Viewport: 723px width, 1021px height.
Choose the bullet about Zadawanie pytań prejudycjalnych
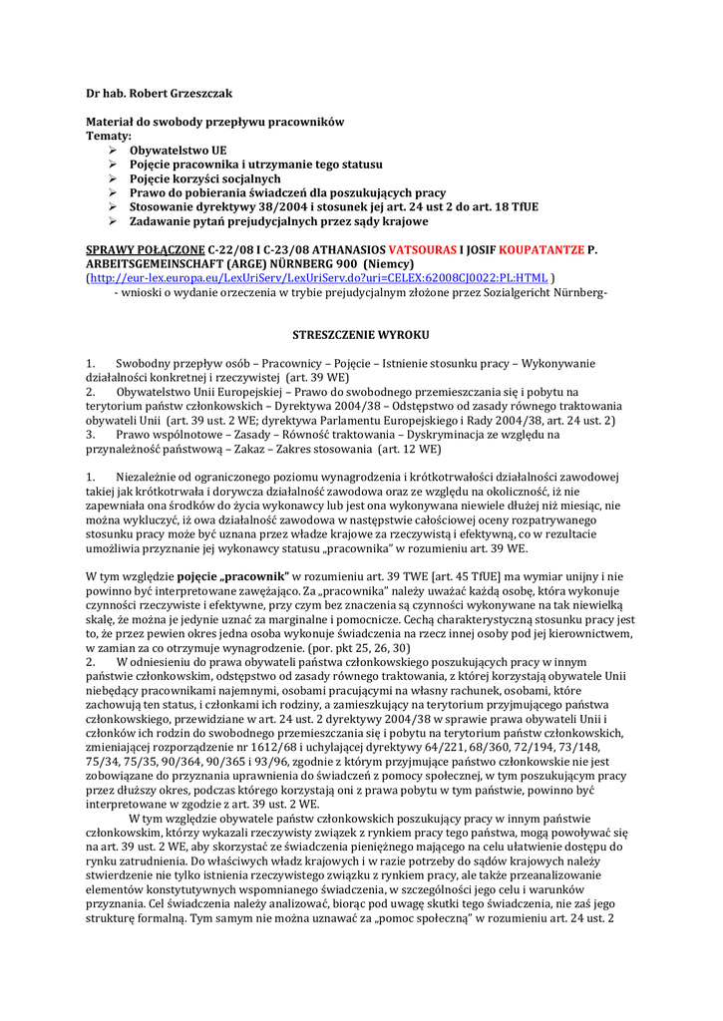click(279, 220)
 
